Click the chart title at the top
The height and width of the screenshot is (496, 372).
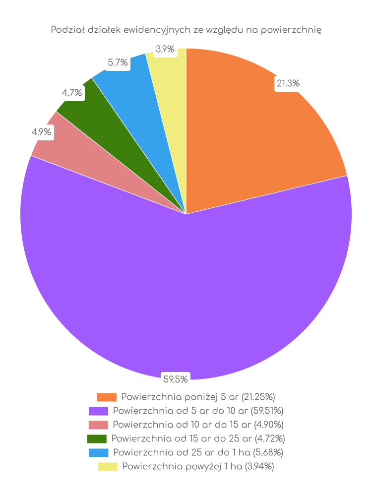186,30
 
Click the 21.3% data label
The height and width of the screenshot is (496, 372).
288,84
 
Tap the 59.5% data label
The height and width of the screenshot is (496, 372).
176,380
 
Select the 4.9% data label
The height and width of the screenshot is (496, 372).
42,132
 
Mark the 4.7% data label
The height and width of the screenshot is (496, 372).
72,92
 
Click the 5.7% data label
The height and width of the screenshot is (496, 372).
118,62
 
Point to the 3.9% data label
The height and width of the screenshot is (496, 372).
165,49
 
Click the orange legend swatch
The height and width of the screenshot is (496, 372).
107,397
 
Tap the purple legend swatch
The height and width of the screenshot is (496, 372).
98,411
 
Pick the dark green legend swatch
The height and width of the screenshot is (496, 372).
97,439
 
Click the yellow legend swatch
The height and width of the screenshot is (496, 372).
108,467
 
